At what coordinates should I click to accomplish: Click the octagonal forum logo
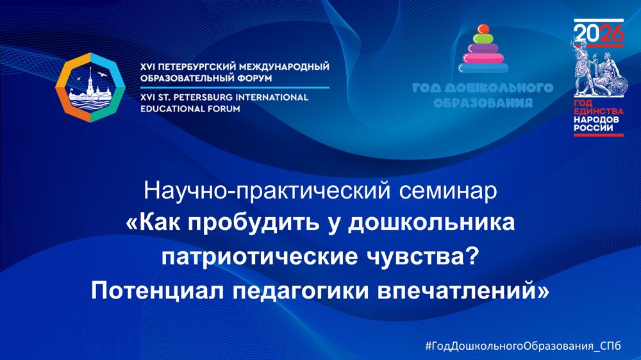[x=90, y=88]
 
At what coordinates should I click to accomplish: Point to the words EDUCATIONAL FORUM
[x=190, y=109]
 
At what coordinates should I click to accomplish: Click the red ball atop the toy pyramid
[x=483, y=29]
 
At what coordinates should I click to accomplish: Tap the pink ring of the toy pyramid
[x=483, y=58]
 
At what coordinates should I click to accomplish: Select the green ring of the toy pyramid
[x=483, y=38]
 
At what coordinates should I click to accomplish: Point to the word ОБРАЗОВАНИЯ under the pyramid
[x=483, y=102]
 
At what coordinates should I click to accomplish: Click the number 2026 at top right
[x=599, y=33]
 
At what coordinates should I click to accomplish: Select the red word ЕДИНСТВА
[x=599, y=111]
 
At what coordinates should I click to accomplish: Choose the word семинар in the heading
[x=448, y=191]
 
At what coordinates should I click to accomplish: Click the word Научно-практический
[x=267, y=192]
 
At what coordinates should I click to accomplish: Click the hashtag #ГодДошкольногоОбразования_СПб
[x=523, y=346]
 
